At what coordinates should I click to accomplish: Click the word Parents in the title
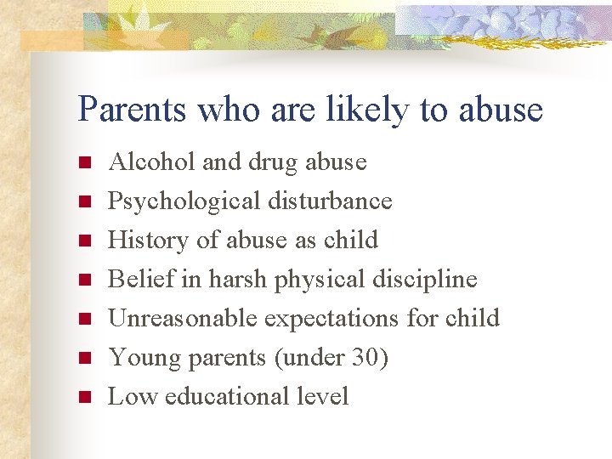pyautogui.click(x=133, y=110)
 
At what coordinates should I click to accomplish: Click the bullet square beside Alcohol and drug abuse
pyautogui.click(x=82, y=162)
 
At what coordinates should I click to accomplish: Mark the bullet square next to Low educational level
pyautogui.click(x=82, y=397)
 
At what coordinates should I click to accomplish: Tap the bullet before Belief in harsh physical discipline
pyautogui.click(x=82, y=280)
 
